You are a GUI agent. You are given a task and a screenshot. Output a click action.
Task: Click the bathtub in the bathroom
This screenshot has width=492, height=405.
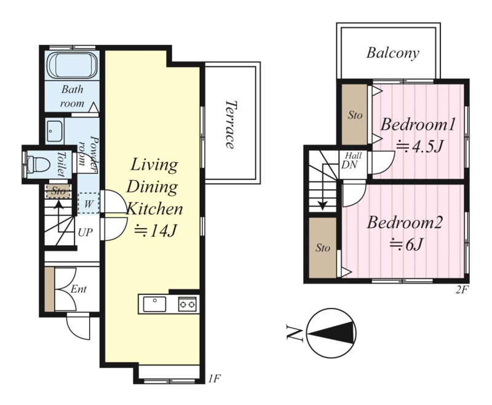[72, 65]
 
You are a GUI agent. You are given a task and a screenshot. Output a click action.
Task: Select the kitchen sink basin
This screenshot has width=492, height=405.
[154, 304]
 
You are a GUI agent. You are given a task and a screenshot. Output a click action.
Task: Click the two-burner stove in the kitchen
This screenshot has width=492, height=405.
[188, 304]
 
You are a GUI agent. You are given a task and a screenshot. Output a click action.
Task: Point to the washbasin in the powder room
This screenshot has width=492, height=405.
[55, 131]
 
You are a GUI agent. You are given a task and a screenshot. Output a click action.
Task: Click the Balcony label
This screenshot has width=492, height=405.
[392, 53]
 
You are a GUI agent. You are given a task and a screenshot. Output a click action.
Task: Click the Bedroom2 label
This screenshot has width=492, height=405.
[405, 222]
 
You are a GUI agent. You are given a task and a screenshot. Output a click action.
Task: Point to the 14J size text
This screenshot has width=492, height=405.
[156, 231]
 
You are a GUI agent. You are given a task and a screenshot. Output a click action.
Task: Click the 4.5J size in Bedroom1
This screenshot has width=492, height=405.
[420, 146]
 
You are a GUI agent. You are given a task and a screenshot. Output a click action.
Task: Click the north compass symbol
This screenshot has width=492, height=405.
[331, 333]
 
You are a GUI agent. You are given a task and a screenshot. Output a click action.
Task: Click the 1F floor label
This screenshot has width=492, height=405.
[214, 379]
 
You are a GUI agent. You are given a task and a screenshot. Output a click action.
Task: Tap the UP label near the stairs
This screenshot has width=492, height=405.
[85, 232]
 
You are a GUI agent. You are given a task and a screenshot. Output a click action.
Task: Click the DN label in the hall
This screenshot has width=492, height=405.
[349, 165]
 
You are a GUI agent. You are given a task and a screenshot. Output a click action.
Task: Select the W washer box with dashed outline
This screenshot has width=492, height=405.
[89, 203]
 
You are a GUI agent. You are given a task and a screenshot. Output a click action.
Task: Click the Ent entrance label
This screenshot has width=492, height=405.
[79, 289]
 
